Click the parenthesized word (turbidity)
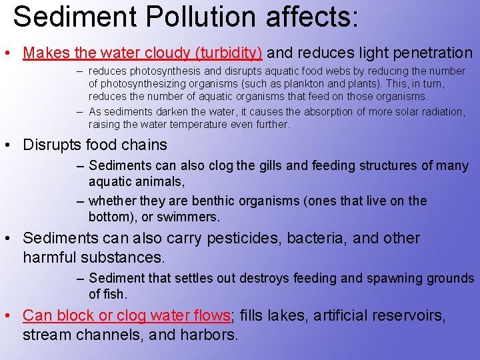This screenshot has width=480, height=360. (x=226, y=52)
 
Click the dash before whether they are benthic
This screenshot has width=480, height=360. (x=80, y=201)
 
